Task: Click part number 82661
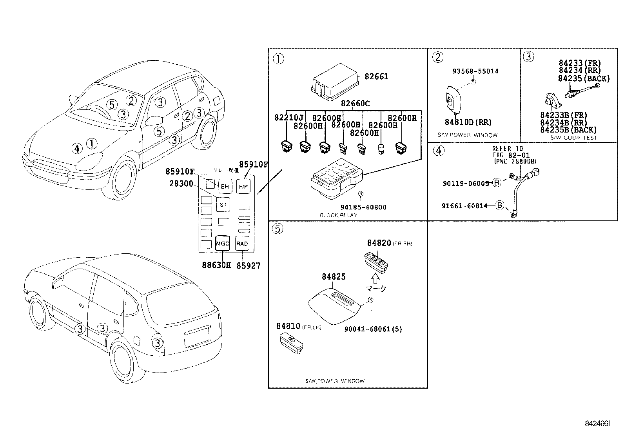[376, 76]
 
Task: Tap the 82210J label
[289, 118]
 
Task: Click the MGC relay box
[222, 244]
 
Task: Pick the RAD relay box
[242, 244]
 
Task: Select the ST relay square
[223, 204]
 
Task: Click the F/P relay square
[243, 187]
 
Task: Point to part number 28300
[181, 183]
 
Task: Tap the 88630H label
[216, 266]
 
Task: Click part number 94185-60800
[363, 207]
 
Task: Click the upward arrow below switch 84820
[375, 278]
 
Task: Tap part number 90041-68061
[373, 329]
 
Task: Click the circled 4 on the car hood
[77, 148]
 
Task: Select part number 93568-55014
[475, 71]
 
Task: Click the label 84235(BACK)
[584, 78]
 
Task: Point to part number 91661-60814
[464, 205]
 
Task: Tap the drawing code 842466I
[598, 424]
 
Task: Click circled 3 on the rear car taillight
[157, 343]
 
